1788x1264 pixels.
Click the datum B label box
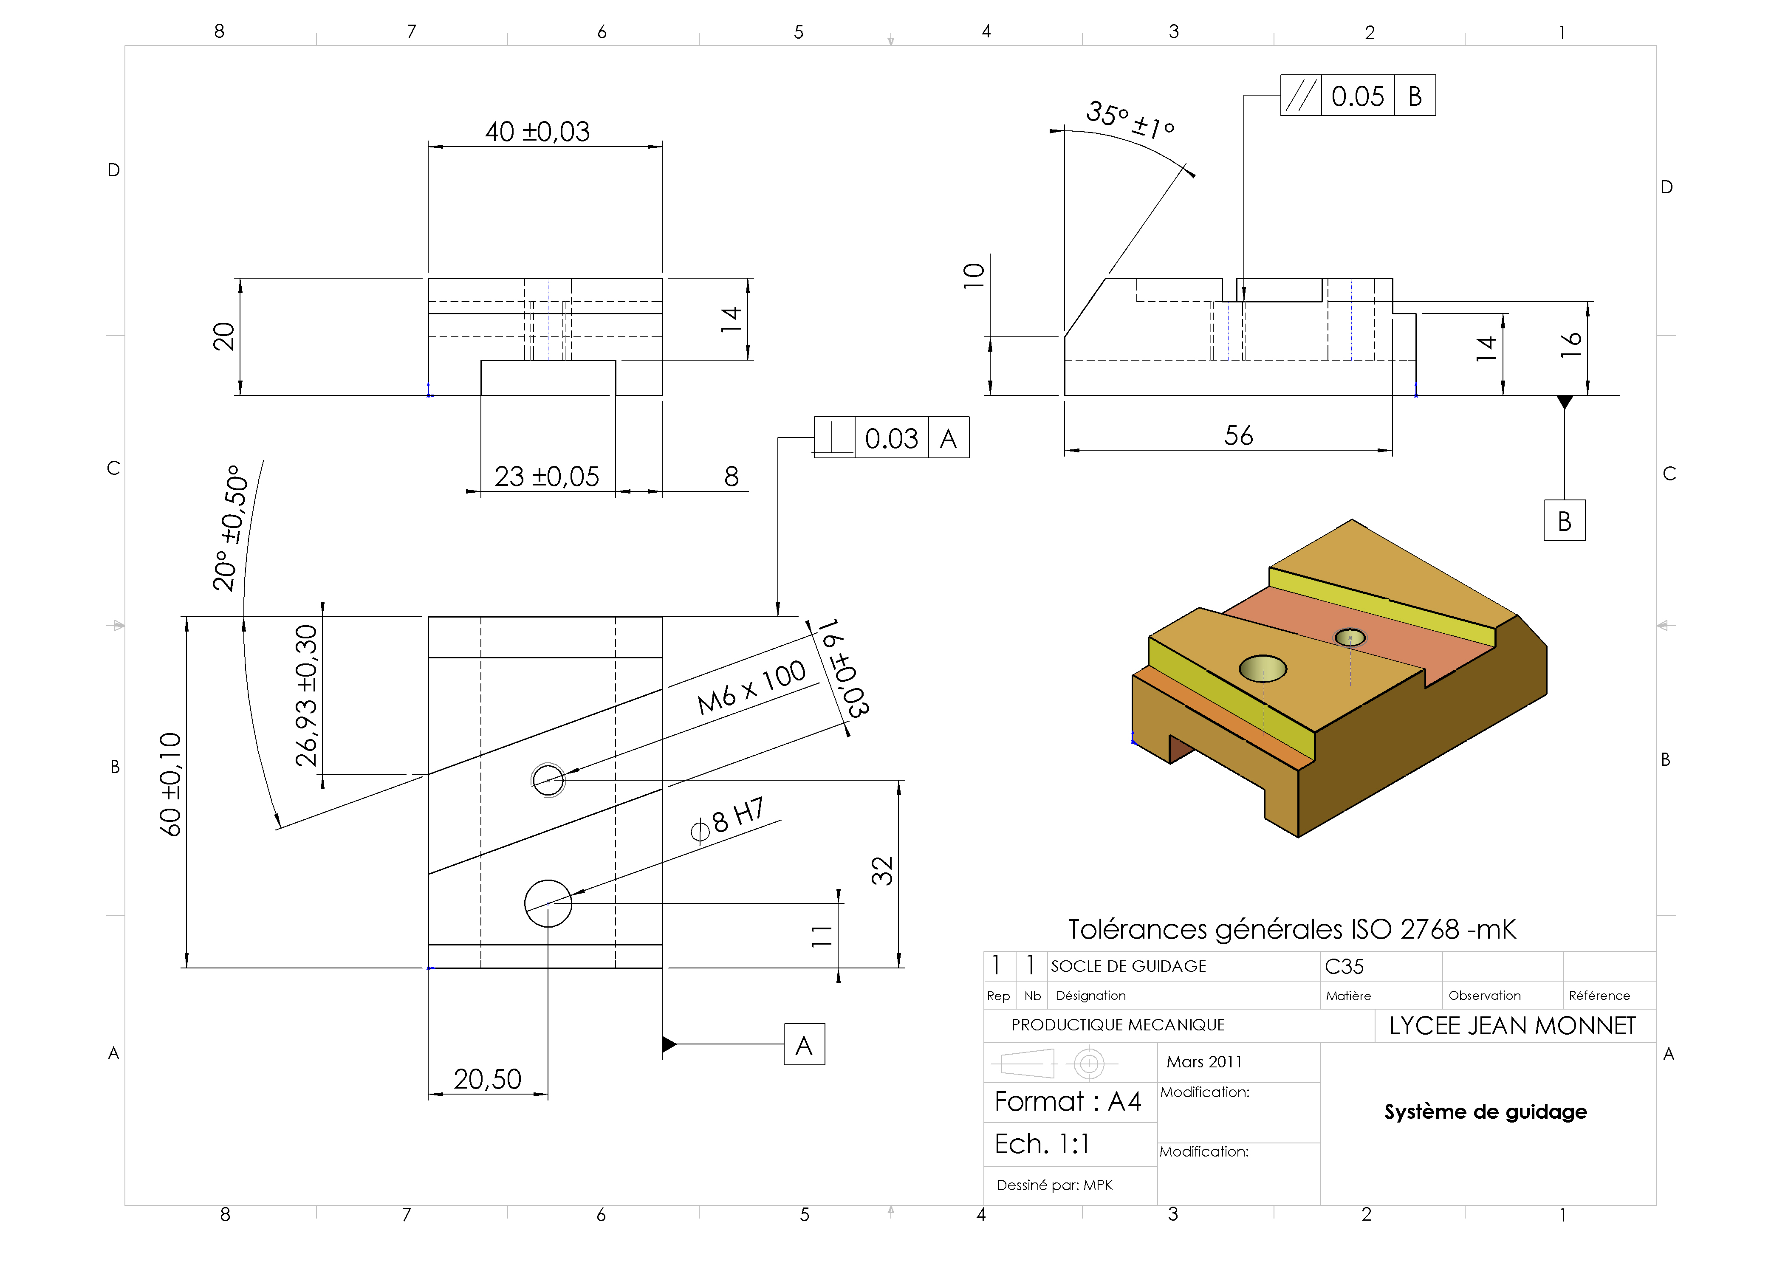tap(1564, 521)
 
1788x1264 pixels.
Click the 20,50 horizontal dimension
tap(488, 1079)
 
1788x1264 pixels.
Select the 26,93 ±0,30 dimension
tap(307, 695)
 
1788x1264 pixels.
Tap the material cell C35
tap(1344, 967)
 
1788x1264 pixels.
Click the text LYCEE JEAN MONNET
tap(1512, 1026)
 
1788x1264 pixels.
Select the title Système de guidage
tap(1485, 1112)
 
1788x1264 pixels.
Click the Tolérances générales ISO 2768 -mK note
tap(1291, 929)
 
